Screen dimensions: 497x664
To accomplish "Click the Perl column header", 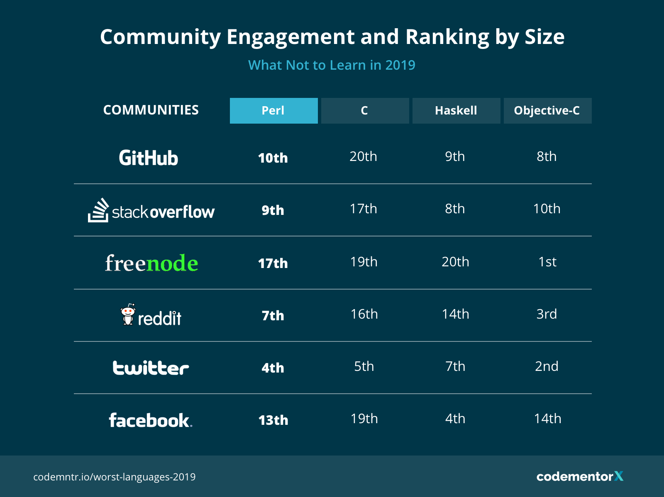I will click(273, 111).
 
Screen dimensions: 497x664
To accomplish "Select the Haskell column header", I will click(456, 111).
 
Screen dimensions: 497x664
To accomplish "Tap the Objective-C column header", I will click(547, 111).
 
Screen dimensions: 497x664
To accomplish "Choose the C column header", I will click(365, 111).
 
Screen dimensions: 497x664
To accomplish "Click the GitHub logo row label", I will click(149, 158).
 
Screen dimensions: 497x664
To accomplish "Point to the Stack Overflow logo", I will click(151, 211).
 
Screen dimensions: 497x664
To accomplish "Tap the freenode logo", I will click(151, 263).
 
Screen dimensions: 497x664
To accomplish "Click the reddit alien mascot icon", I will click(128, 315).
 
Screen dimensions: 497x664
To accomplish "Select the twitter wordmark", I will click(151, 368).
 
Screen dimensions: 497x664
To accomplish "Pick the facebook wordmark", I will click(150, 420).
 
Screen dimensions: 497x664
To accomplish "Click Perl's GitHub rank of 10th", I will click(273, 158).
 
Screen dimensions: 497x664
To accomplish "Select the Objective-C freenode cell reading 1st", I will click(547, 262).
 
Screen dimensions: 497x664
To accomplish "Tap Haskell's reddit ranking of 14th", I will click(455, 314).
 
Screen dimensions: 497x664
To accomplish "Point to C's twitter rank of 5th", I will click(364, 366).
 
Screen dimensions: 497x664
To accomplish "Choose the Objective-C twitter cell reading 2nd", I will click(547, 366).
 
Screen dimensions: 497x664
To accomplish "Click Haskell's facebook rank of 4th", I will click(455, 419).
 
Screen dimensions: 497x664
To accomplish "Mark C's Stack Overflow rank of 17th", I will click(364, 209).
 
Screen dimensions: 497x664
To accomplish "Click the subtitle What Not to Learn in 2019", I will click(332, 65).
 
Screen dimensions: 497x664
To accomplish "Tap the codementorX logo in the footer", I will click(580, 476).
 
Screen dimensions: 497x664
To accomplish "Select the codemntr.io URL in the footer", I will click(115, 477).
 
